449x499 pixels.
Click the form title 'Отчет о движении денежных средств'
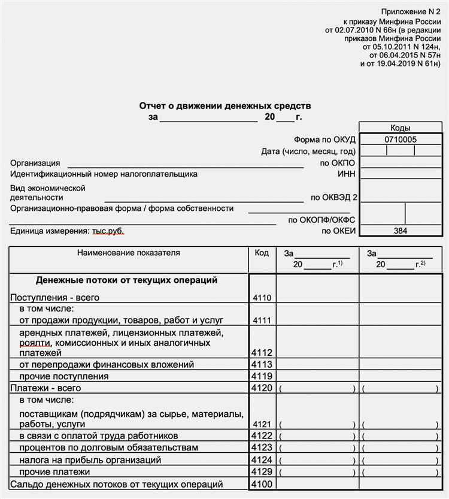point(225,106)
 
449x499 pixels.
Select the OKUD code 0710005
point(401,140)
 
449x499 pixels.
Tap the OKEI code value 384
point(401,231)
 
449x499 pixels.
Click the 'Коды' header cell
point(401,128)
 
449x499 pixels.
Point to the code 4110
point(262,297)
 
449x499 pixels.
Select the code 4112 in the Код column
point(262,353)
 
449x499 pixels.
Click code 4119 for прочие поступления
point(262,376)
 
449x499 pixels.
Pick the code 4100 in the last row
point(262,484)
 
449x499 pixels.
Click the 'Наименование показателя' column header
point(128,253)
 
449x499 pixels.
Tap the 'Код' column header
point(262,253)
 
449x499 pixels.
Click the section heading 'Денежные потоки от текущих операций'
point(126,280)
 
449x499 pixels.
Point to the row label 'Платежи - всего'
point(45,388)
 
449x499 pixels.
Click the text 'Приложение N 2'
point(411,11)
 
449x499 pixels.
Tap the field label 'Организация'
point(35,163)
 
